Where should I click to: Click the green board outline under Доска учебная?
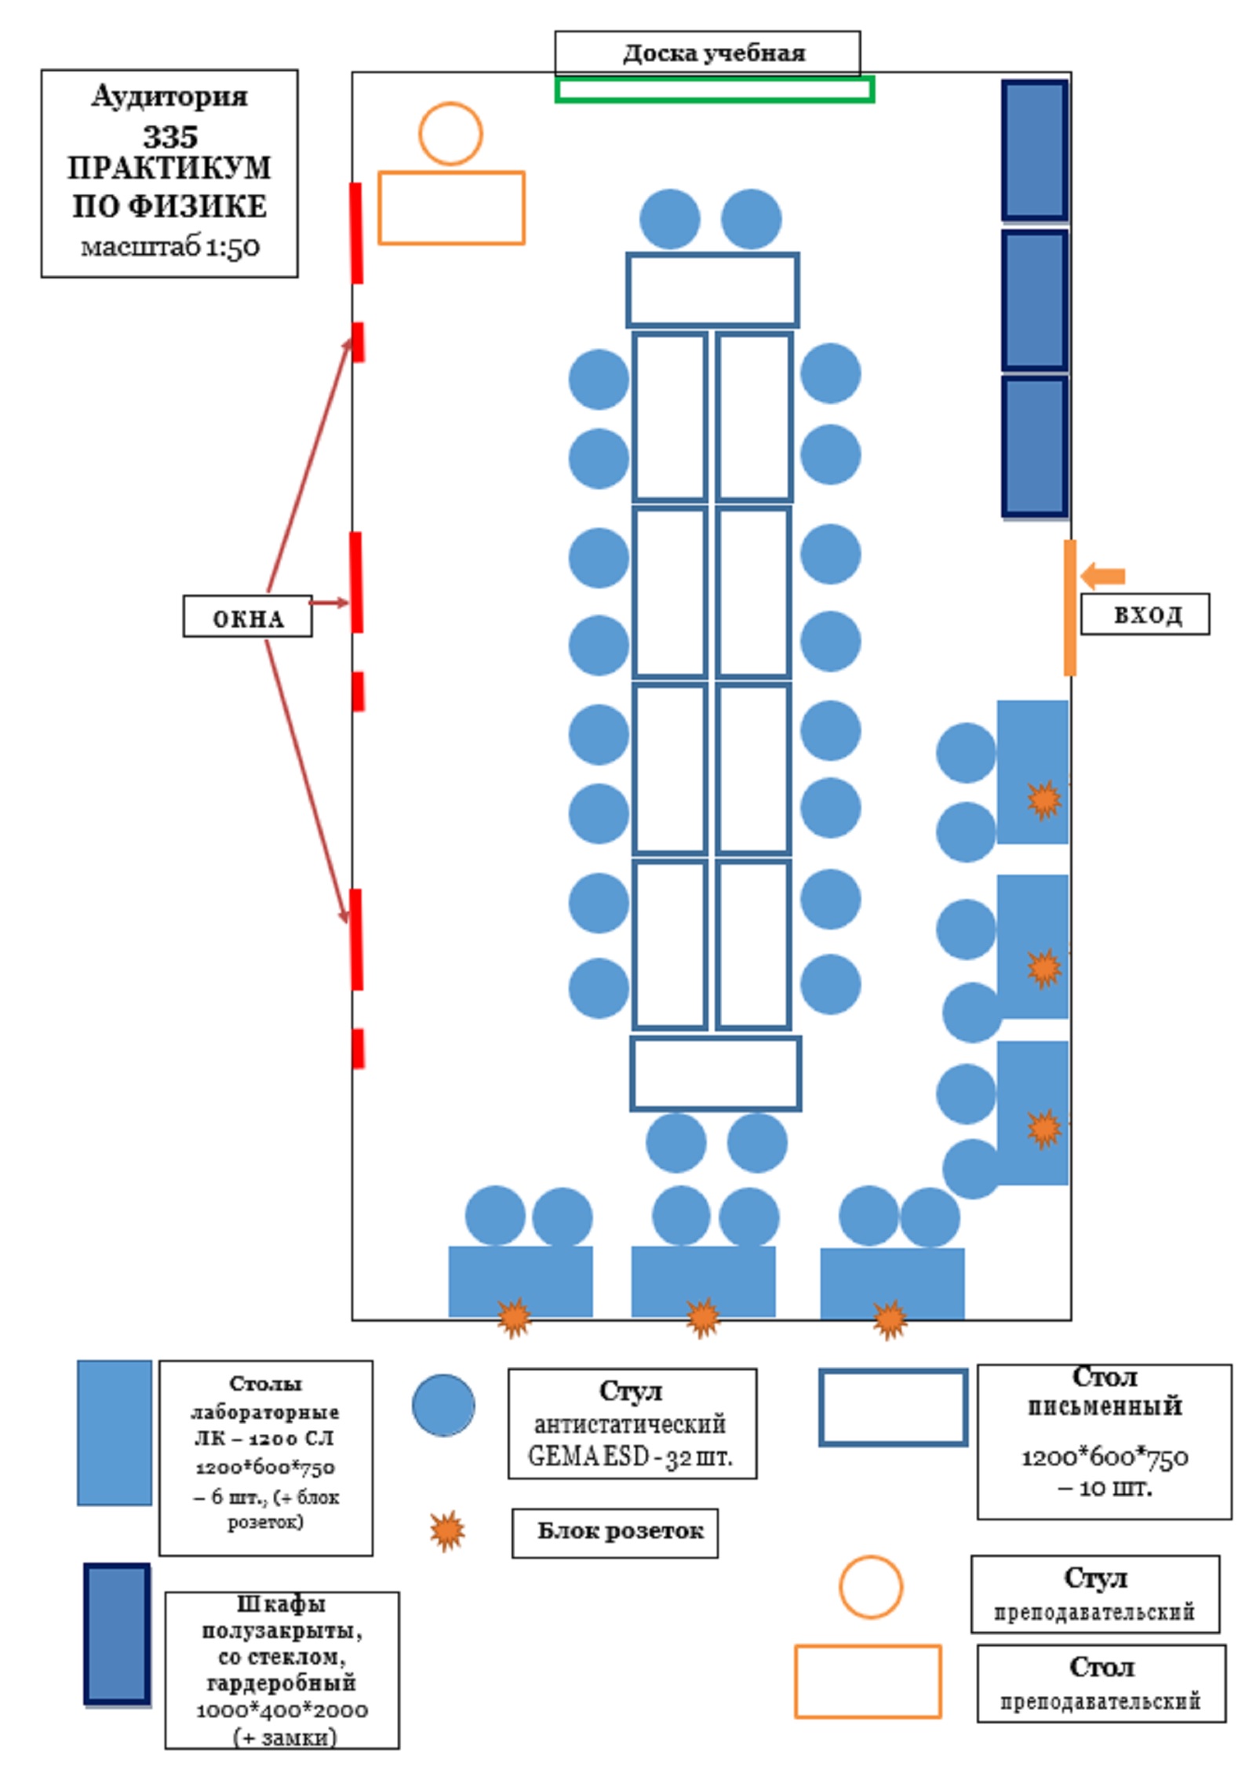click(714, 89)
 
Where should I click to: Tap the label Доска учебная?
click(713, 53)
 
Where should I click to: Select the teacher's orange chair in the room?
click(450, 133)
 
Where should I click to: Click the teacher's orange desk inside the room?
click(451, 208)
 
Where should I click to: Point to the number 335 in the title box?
click(169, 137)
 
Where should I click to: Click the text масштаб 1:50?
click(169, 247)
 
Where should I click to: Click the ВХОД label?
click(1145, 614)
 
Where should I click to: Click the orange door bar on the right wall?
click(1069, 607)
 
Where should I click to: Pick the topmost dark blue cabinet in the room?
click(1035, 150)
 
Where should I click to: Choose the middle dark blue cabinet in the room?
click(1035, 300)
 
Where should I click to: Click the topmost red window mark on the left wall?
click(356, 232)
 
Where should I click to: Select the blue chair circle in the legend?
click(443, 1405)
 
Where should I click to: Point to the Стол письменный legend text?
click(1104, 1392)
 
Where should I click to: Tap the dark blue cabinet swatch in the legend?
click(117, 1634)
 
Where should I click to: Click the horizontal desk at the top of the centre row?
click(712, 289)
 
